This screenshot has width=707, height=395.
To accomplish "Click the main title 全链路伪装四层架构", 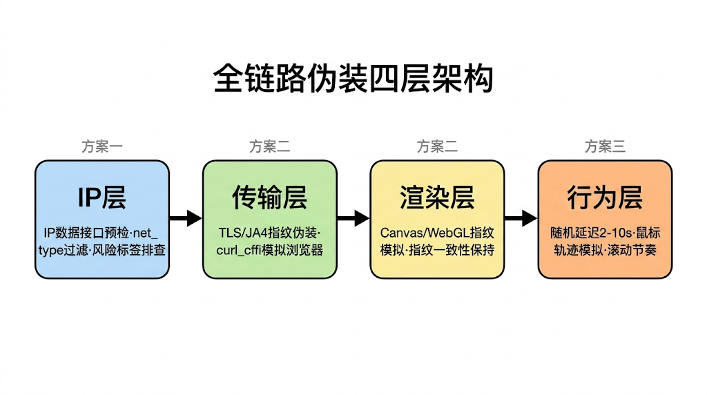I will pos(353,79).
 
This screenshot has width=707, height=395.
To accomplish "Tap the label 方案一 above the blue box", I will pos(101,146).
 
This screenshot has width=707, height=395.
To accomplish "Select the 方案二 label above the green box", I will pos(269,146).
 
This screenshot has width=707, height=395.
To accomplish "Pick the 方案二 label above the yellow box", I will pos(437,146).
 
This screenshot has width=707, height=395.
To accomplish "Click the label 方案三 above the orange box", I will pos(605,146).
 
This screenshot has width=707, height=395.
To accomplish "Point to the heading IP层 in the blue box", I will pos(101,198).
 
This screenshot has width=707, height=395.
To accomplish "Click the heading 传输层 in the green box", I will pos(269,198).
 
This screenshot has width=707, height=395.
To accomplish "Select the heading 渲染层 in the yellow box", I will pos(437,198).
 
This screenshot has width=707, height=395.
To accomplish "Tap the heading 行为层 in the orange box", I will pos(605,198).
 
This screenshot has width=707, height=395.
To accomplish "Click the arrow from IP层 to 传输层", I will pos(185,219).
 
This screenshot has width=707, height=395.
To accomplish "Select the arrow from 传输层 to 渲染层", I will pos(353,219).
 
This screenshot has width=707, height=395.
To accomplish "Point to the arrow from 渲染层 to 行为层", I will pos(521,219).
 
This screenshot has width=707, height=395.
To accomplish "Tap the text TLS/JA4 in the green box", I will pos(239,232).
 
